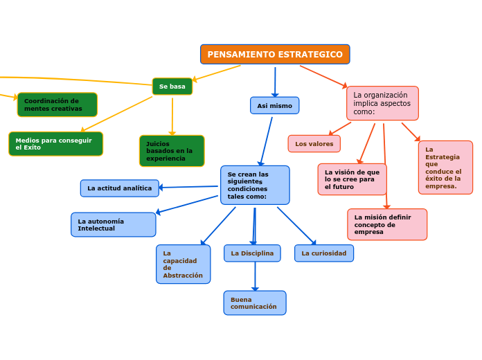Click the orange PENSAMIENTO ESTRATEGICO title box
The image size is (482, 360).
(x=275, y=54)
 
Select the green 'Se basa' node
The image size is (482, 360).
(x=172, y=87)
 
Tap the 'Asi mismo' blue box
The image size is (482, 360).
(x=274, y=105)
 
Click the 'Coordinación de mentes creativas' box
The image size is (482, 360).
(x=57, y=105)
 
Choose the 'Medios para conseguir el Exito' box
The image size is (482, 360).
(x=55, y=143)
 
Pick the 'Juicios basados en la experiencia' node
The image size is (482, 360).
(x=172, y=151)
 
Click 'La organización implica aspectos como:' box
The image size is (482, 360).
(x=382, y=103)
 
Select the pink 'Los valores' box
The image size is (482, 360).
(x=314, y=143)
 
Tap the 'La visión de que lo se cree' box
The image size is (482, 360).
(x=352, y=179)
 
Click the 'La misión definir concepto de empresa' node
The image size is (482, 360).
(x=386, y=224)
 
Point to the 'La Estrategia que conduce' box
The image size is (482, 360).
(x=445, y=168)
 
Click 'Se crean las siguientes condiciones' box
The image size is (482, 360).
(x=255, y=185)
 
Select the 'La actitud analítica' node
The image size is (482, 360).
(x=119, y=188)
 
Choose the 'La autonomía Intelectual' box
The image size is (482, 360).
(x=113, y=224)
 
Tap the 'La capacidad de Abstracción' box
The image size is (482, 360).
(x=183, y=264)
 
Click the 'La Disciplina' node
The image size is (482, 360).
(x=252, y=253)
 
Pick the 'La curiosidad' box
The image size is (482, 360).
(x=323, y=253)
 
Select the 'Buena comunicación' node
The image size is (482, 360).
(x=254, y=303)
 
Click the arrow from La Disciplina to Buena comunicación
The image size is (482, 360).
(x=255, y=276)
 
